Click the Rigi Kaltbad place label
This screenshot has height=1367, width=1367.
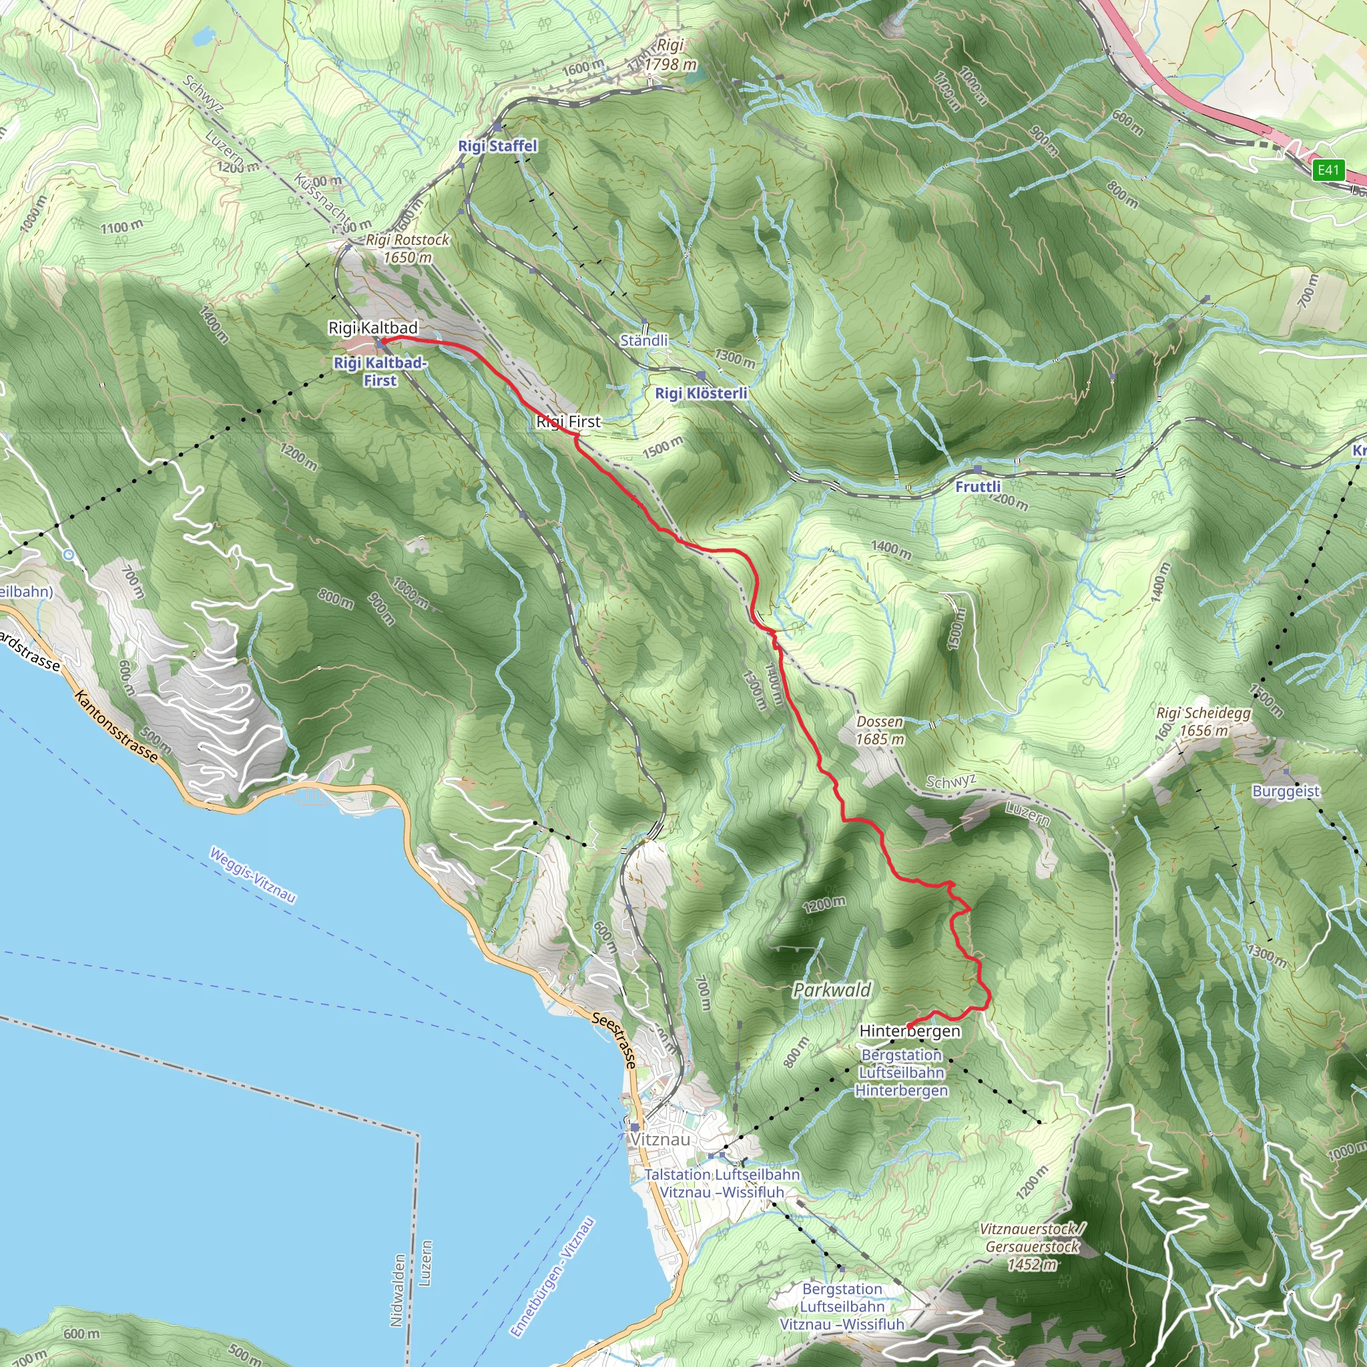[x=373, y=328]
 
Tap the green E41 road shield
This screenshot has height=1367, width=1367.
[x=1328, y=170]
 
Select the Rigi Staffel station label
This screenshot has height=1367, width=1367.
[x=497, y=146]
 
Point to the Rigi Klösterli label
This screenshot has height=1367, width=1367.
[x=700, y=392]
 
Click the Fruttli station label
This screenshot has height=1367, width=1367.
[x=978, y=486]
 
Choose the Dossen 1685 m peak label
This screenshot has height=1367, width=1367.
[x=880, y=730]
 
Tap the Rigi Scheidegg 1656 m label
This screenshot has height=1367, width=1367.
[x=1203, y=722]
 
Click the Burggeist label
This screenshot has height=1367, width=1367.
[x=1286, y=791]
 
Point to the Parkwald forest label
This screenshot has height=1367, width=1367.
[x=832, y=990]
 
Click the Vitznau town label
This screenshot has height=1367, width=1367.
[x=659, y=1139]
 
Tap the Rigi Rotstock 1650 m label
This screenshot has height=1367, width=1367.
[x=408, y=248]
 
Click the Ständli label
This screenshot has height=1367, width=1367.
[x=644, y=340]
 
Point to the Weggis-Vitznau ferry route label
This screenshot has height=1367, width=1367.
[x=252, y=875]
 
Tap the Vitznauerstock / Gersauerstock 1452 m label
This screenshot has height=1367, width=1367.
[x=1033, y=1248]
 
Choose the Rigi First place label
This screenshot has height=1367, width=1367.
[x=568, y=422]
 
